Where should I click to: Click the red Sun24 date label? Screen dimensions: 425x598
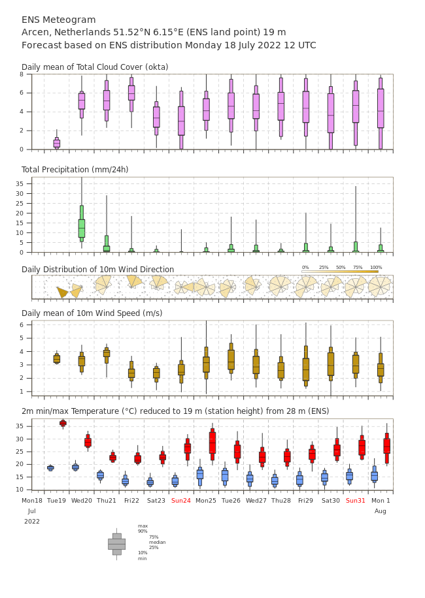click(x=180, y=500)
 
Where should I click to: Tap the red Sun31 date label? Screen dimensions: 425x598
click(x=356, y=500)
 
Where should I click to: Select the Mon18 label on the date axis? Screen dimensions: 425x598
click(x=31, y=500)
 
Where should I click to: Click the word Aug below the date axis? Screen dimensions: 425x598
click(x=381, y=511)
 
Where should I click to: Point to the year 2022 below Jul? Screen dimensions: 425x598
click(x=31, y=522)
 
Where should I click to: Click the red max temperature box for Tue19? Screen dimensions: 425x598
click(x=63, y=423)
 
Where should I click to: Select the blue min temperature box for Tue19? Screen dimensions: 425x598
click(x=50, y=467)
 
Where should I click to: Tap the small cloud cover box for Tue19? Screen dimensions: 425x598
click(x=56, y=143)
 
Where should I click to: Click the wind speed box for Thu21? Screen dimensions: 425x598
click(x=107, y=354)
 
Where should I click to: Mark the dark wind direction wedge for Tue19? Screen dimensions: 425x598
click(x=63, y=292)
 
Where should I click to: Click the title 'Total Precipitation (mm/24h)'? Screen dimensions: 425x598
click(x=75, y=169)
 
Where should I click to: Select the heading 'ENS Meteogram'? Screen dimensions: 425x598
click(x=58, y=20)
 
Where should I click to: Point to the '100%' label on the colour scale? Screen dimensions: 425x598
click(x=376, y=268)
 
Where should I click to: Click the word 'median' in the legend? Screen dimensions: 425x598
click(x=158, y=542)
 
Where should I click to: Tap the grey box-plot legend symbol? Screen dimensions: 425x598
click(x=117, y=544)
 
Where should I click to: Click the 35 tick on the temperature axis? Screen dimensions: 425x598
click(x=19, y=426)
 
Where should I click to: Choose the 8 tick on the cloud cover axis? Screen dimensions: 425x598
click(x=22, y=74)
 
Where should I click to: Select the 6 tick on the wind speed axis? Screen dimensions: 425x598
click(x=22, y=325)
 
